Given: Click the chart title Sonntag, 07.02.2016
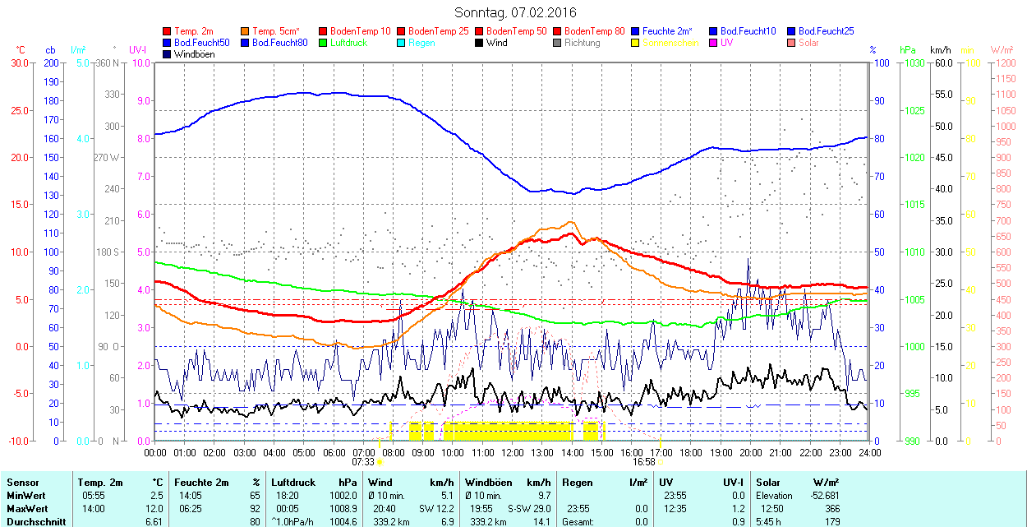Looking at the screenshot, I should pyautogui.click(x=515, y=12).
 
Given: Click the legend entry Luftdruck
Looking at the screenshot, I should pyautogui.click(x=348, y=43).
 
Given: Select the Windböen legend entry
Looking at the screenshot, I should pyautogui.click(x=194, y=54).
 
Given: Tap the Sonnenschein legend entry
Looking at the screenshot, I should pyautogui.click(x=670, y=43).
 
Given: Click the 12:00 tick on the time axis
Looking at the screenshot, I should pyautogui.click(x=513, y=451).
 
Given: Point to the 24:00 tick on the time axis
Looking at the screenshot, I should pyautogui.click(x=869, y=451).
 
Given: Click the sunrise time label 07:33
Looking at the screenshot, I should pyautogui.click(x=363, y=462).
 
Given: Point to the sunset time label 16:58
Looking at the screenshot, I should pyautogui.click(x=644, y=462).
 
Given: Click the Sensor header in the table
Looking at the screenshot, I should pyautogui.click(x=22, y=483).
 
